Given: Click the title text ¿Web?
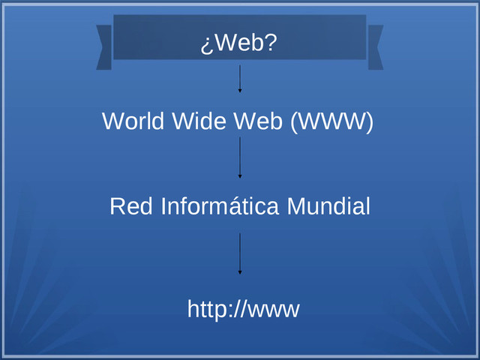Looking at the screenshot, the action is point(239,44).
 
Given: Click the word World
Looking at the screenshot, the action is point(133,121).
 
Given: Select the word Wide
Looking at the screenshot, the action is point(197,121).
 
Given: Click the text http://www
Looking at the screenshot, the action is point(243,308).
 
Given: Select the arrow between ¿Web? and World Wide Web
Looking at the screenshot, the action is point(240,78).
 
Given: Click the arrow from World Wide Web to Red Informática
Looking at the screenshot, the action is point(240,157).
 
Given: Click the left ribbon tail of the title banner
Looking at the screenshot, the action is point(104,47).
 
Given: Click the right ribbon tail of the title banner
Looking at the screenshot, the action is point(375,47).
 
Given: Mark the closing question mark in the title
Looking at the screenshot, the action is point(271,44).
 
